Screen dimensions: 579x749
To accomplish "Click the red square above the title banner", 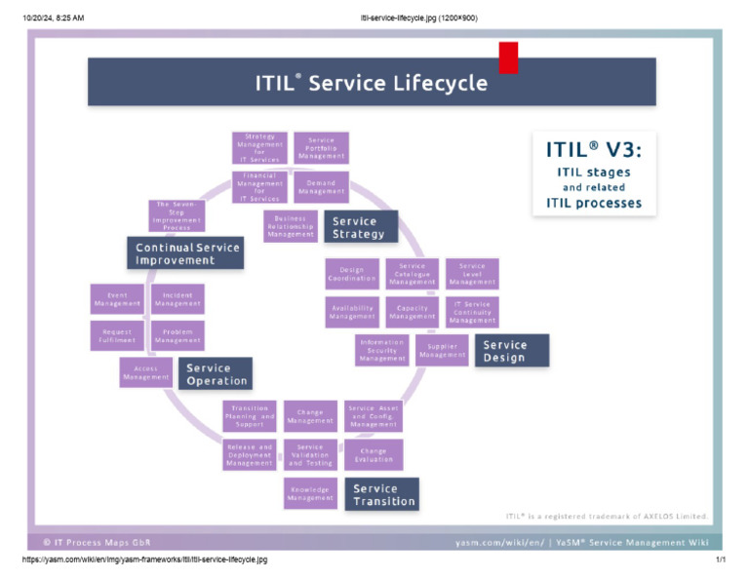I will pos(508,58).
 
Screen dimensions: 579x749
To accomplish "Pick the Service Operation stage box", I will pos(215,373).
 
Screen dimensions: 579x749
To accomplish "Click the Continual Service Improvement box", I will pos(183,253).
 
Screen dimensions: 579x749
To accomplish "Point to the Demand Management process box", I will pos(321,187).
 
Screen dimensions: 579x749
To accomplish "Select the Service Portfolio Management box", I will pos(321,148).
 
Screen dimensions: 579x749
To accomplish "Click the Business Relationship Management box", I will pos(291,226).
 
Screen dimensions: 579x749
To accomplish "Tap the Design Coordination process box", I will pos(351,274).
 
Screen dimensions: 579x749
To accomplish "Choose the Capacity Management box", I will pos(413,312).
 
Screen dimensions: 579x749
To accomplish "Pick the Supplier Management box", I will pos(443,350).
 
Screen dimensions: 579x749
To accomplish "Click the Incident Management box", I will pos(177,299).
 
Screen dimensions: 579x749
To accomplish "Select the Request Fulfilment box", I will pos(117,336).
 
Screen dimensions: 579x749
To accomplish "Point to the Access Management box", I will pos(146,372).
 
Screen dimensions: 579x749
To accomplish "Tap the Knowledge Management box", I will pos(310,494).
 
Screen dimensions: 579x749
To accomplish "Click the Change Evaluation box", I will pos(373,455).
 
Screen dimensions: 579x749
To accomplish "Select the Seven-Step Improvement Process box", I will pos(177,215).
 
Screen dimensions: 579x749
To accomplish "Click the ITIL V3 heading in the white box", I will pos(594,150).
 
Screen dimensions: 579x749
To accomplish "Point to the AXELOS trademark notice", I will pos(607,517).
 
